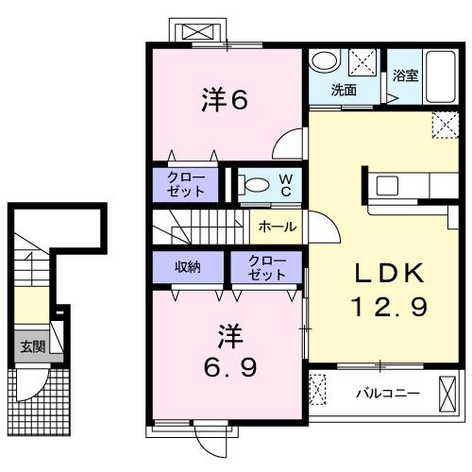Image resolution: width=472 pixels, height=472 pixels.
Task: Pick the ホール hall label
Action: [278, 227]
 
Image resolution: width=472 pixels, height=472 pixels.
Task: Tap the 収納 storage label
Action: [186, 266]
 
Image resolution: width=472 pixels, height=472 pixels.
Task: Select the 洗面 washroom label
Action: [343, 91]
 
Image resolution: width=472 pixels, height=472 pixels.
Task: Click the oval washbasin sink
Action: [325, 61]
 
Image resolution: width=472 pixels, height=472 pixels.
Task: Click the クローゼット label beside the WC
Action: [186, 182]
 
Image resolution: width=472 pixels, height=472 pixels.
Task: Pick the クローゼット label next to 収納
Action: [268, 267]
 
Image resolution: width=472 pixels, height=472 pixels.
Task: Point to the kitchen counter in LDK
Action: [397, 184]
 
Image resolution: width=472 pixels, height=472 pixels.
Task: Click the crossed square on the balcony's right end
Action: [447, 391]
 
